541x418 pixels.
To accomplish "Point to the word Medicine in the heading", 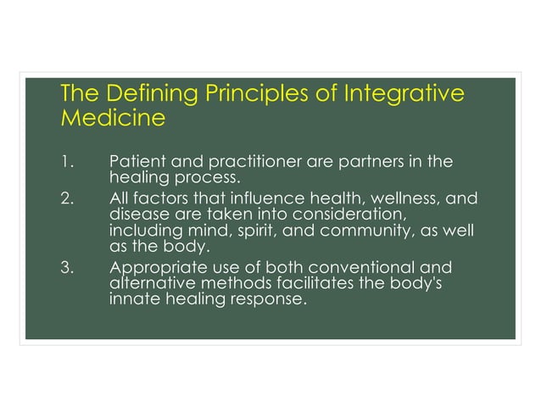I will (x=113, y=118).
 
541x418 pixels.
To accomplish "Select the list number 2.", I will (x=67, y=198).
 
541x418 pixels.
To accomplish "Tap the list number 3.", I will (x=67, y=267).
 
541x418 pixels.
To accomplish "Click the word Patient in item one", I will (x=138, y=161).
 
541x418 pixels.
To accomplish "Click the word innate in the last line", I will (x=133, y=299).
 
